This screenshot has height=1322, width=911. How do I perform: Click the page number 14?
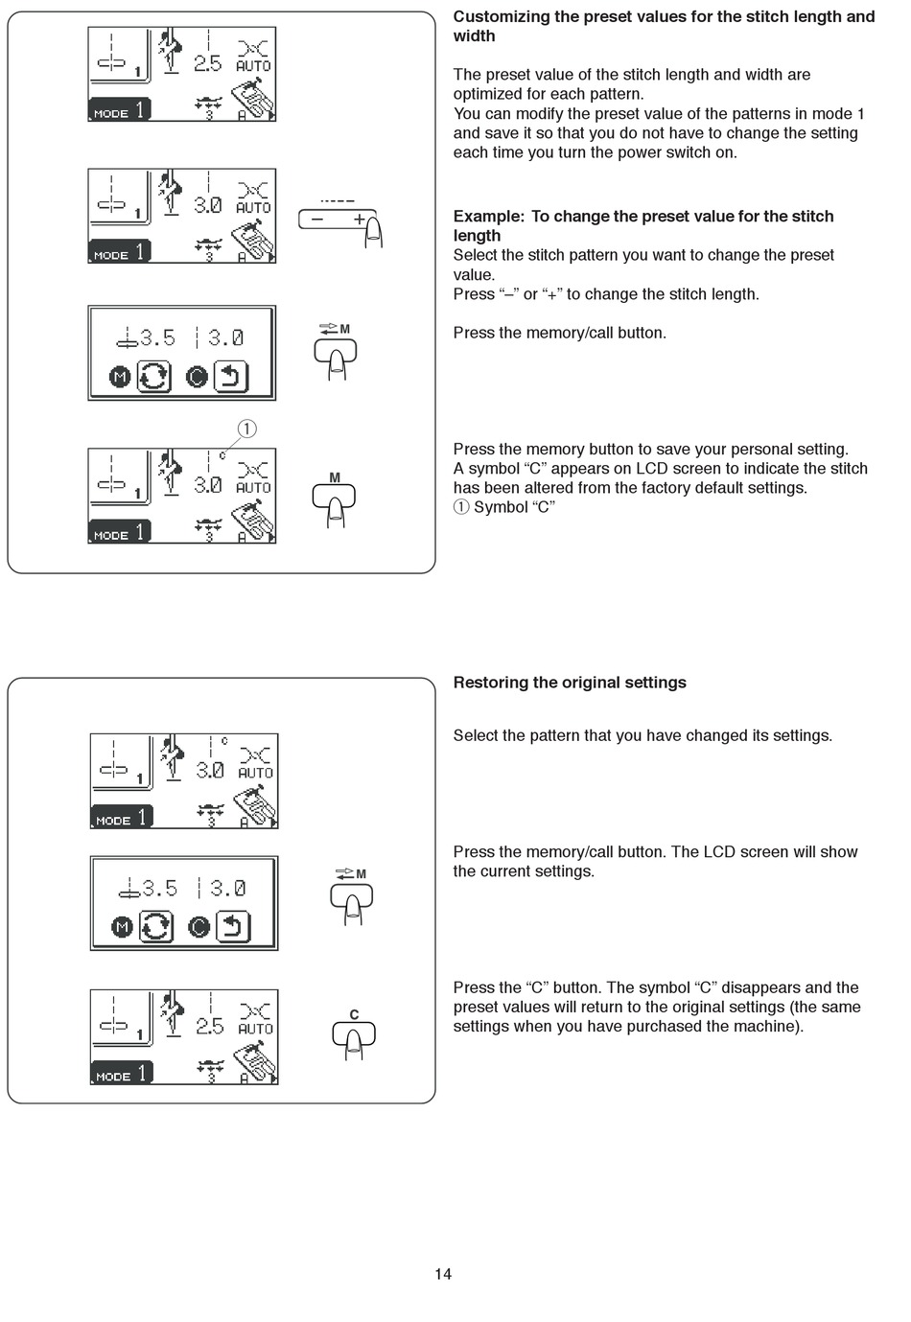pyautogui.click(x=442, y=1274)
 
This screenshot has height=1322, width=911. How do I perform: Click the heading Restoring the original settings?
pyautogui.click(x=570, y=683)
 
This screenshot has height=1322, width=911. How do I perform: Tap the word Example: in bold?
pyautogui.click(x=489, y=217)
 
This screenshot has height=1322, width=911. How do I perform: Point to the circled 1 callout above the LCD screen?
pyautogui.click(x=246, y=429)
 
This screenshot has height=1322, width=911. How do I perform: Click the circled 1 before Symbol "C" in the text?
pyautogui.click(x=461, y=507)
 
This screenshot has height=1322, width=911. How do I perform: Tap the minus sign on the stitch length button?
pyautogui.click(x=317, y=220)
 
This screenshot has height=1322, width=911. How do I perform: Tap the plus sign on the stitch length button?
pyautogui.click(x=359, y=220)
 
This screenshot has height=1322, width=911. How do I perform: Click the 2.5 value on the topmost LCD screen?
pyautogui.click(x=207, y=64)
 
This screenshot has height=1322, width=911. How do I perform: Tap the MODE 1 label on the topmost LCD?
pyautogui.click(x=120, y=111)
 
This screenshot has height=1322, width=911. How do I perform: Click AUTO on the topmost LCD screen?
pyautogui.click(x=253, y=66)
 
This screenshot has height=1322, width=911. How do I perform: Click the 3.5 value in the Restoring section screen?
pyautogui.click(x=159, y=889)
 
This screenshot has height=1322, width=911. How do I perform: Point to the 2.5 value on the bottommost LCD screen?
pyautogui.click(x=209, y=1027)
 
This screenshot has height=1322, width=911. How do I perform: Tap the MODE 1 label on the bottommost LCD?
pyautogui.click(x=122, y=1075)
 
